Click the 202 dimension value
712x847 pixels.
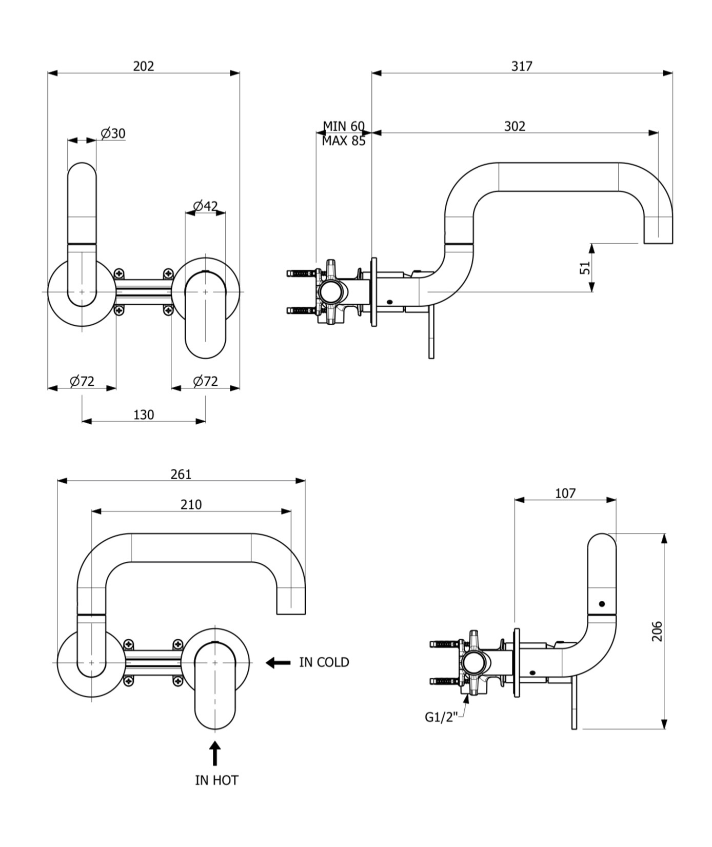pyautogui.click(x=144, y=66)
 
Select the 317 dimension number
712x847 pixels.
pyautogui.click(x=522, y=66)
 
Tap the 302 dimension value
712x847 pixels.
pyautogui.click(x=515, y=126)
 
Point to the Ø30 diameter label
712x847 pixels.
pyautogui.click(x=113, y=133)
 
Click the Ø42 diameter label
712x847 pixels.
pyautogui.click(x=205, y=206)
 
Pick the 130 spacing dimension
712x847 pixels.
pyautogui.click(x=144, y=415)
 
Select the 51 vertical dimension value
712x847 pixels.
pyautogui.click(x=585, y=268)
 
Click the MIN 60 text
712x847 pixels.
pyautogui.click(x=344, y=126)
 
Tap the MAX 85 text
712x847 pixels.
pyautogui.click(x=344, y=141)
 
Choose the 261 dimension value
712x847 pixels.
pyautogui.click(x=181, y=474)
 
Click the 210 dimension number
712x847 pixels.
pyautogui.click(x=191, y=505)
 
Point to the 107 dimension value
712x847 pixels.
pyautogui.click(x=565, y=493)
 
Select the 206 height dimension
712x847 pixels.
pyautogui.click(x=657, y=631)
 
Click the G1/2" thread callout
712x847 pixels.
pyautogui.click(x=441, y=717)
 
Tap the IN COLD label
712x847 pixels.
pyautogui.click(x=324, y=662)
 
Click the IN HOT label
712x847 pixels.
pyautogui.click(x=216, y=780)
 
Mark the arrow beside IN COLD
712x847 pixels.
pyautogui.click(x=278, y=663)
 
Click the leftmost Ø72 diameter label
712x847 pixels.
pyautogui.click(x=82, y=381)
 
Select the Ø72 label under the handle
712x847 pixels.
pyautogui.click(x=205, y=381)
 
